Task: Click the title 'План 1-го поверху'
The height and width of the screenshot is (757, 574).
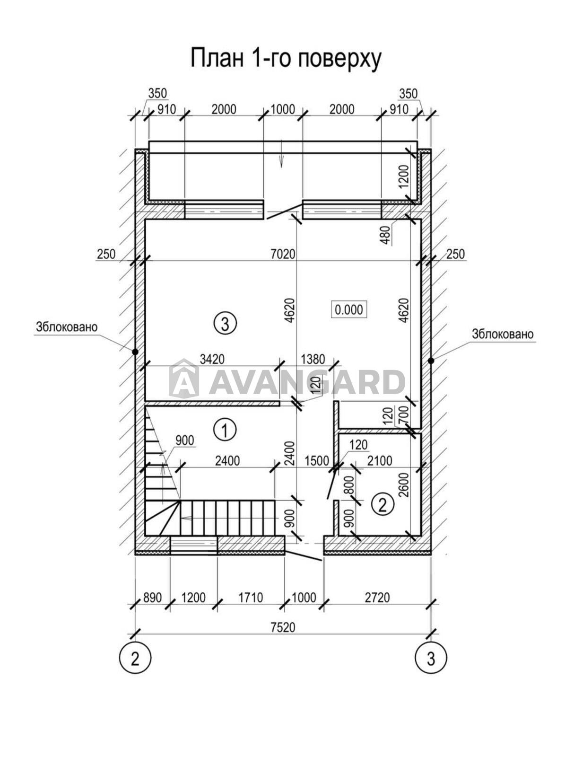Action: [286, 59]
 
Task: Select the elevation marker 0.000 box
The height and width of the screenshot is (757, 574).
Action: [349, 310]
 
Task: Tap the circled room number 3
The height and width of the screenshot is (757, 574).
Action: [225, 324]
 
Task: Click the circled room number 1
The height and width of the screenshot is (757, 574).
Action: [225, 430]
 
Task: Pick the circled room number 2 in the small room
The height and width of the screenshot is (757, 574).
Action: [383, 505]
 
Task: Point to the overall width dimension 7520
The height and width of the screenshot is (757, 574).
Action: [283, 627]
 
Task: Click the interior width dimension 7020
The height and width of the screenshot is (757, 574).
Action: [283, 254]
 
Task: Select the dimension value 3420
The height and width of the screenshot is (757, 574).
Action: [212, 359]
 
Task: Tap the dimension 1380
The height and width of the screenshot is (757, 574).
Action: [313, 359]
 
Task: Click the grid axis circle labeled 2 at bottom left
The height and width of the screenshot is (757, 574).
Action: [135, 658]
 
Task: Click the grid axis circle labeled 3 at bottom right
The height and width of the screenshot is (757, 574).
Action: [430, 658]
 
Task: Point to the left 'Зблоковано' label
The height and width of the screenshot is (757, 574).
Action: [66, 327]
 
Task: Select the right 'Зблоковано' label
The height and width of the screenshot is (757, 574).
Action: [502, 334]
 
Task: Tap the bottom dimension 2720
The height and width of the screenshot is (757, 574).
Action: [377, 598]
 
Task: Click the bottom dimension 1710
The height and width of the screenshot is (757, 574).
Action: [250, 598]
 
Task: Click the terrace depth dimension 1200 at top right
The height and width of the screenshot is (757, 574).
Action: [403, 177]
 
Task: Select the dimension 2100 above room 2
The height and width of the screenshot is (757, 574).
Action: [379, 460]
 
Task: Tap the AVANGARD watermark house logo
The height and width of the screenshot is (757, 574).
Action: [183, 379]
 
